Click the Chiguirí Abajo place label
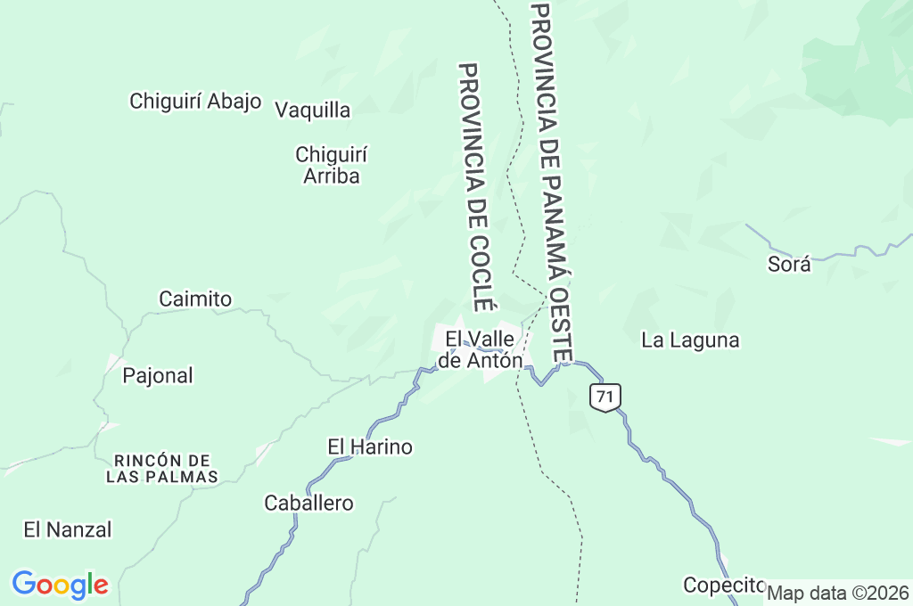pyautogui.click(x=195, y=101)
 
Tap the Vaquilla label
pyautogui.click(x=312, y=111)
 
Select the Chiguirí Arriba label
pyautogui.click(x=332, y=165)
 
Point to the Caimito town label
pyautogui.click(x=195, y=299)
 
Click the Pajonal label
pyautogui.click(x=158, y=375)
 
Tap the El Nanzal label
pyautogui.click(x=68, y=529)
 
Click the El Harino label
pyautogui.click(x=370, y=446)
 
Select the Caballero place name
pyautogui.click(x=308, y=504)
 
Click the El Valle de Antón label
pyautogui.click(x=480, y=349)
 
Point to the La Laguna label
pyautogui.click(x=691, y=340)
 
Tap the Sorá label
pyautogui.click(x=789, y=264)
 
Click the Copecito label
pyautogui.click(x=724, y=585)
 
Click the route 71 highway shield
pyautogui.click(x=605, y=397)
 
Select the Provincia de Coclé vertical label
pyautogui.click(x=475, y=187)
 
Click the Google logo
pyautogui.click(x=60, y=585)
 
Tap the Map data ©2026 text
pyautogui.click(x=838, y=593)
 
